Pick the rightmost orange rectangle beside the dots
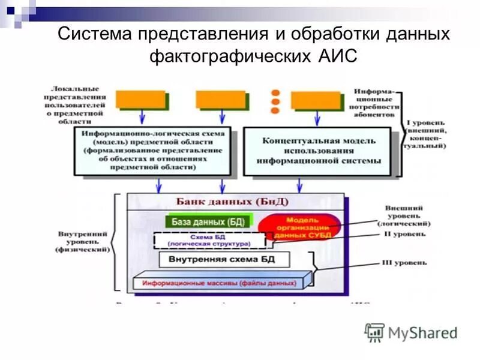(x=316, y=100)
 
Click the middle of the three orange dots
(x=275, y=101)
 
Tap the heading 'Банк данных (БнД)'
(x=232, y=201)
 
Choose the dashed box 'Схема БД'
(x=209, y=241)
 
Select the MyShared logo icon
(x=375, y=332)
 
